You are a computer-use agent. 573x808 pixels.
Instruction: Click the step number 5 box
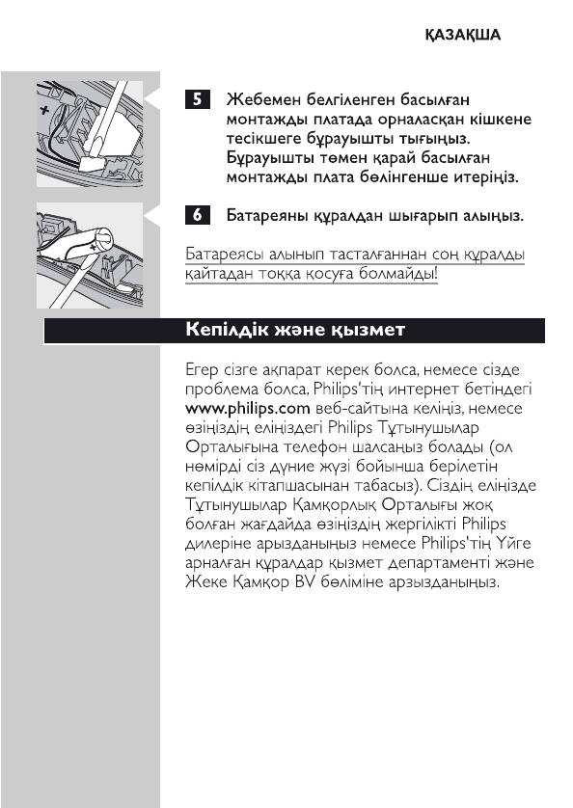point(197,100)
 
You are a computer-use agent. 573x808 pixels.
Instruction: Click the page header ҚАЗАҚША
point(463,35)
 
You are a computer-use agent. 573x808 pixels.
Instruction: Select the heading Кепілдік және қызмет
point(294,330)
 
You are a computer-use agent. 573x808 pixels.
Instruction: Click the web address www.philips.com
point(238,408)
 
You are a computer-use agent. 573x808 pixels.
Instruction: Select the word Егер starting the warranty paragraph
point(202,369)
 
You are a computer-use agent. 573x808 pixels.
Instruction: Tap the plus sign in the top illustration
point(44,111)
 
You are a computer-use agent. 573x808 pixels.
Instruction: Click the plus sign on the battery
point(93,247)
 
